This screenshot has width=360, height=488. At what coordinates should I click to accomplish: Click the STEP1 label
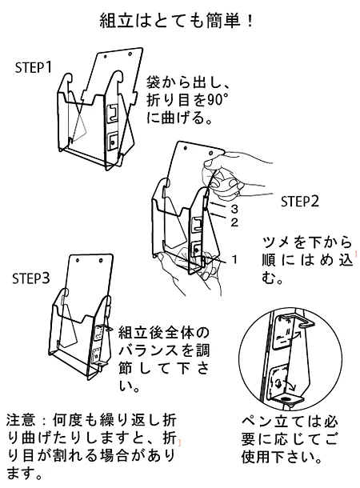click(x=34, y=67)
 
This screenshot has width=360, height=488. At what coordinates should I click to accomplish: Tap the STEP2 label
click(x=300, y=202)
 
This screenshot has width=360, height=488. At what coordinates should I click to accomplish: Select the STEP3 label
click(x=31, y=278)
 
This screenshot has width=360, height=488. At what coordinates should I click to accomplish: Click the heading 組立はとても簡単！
click(x=177, y=21)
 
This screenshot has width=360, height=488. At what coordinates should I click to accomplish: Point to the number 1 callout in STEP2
click(x=234, y=259)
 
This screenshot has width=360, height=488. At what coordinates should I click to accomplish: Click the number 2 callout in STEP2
click(x=234, y=222)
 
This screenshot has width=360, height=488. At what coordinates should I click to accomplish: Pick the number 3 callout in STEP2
click(x=234, y=209)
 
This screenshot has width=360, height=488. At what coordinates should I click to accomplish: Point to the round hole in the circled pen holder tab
click(x=284, y=398)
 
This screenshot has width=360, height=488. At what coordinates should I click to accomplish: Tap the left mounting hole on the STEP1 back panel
click(x=105, y=58)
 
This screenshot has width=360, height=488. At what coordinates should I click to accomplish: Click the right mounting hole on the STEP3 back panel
click(x=101, y=260)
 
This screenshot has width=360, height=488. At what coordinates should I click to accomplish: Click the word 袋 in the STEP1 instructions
click(x=154, y=82)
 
